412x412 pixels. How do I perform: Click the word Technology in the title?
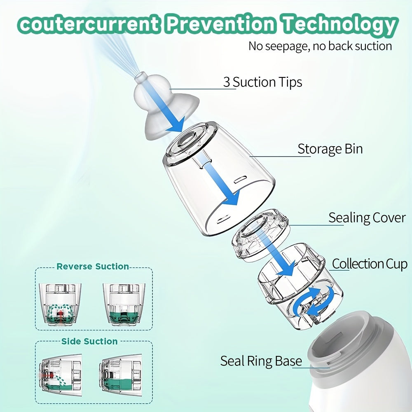coord(340,25)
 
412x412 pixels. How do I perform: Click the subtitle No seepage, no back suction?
coord(320,46)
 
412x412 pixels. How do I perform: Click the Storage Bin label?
coord(330,149)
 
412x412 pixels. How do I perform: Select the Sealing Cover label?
coord(367,218)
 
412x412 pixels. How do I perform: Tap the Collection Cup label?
coord(370,264)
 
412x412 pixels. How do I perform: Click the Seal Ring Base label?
coord(261,361)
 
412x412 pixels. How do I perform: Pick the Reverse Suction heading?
coord(93,267)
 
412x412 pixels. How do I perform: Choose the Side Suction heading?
coord(89,341)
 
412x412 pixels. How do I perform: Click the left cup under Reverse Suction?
coord(60,304)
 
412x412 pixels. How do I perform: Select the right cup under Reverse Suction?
coord(124,304)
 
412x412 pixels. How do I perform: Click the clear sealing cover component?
coord(260,234)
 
